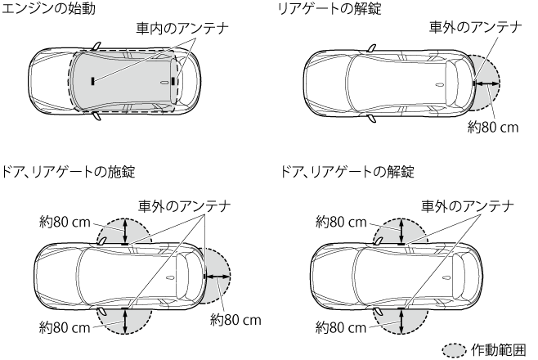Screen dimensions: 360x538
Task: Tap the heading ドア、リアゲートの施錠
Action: pyautogui.click(x=70, y=172)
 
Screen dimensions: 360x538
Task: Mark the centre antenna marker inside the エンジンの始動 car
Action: pyautogui.click(x=93, y=80)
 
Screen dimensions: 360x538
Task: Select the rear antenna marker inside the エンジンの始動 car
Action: pyautogui.click(x=174, y=80)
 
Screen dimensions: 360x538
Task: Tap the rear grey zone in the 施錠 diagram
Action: pyautogui.click(x=219, y=277)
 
